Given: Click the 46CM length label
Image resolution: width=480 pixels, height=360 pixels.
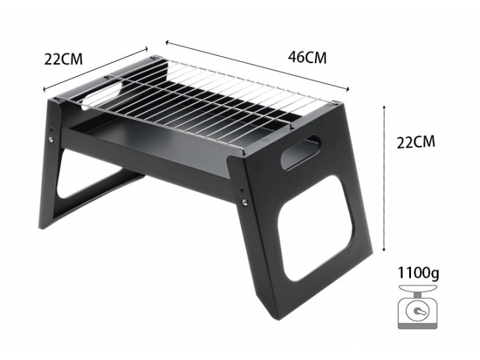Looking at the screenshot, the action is point(307,57).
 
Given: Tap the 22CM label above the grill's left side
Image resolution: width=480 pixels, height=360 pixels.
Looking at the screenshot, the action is point(63,59).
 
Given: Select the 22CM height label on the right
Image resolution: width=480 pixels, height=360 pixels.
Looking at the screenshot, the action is point(416,142).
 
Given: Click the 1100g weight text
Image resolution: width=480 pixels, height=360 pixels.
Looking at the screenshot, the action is point(418,272).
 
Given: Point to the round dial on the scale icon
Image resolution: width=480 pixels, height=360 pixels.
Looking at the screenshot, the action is point(417,311).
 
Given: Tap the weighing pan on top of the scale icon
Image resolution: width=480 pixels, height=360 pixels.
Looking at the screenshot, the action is point(418,289).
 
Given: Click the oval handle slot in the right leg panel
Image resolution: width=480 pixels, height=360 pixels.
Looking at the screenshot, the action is point(300,152).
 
